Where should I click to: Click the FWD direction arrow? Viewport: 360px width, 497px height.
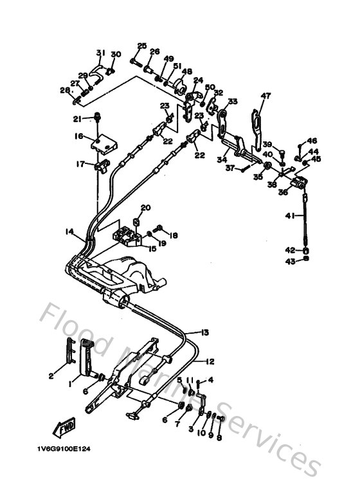pos(64,428)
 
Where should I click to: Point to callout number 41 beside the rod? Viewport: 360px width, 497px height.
pos(290,217)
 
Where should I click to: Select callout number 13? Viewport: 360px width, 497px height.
pos(205,332)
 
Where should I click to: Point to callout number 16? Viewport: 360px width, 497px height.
pos(78,136)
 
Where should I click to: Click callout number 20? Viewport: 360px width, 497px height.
pos(145,207)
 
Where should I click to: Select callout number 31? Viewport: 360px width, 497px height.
pos(100,52)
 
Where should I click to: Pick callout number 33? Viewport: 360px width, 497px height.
pos(232,101)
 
